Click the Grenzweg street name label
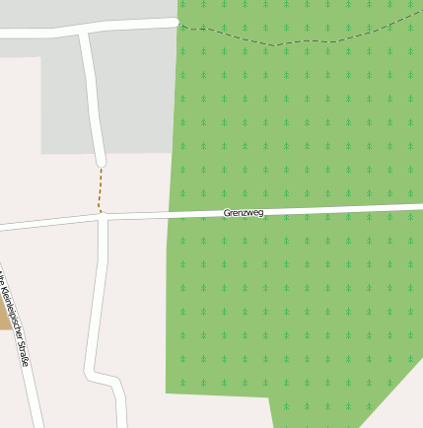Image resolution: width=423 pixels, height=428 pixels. point(244,213)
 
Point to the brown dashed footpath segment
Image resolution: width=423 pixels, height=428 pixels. point(100,188)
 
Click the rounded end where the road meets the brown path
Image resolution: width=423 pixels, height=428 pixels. point(101,162)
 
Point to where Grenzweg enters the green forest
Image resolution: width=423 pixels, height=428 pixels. point(169,215)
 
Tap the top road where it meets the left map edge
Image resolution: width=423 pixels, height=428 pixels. point(3,34)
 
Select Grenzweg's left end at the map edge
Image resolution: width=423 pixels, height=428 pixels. point(3,227)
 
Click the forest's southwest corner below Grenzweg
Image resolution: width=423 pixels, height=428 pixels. point(167,392)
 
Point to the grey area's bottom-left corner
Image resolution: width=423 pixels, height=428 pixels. point(42,152)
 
